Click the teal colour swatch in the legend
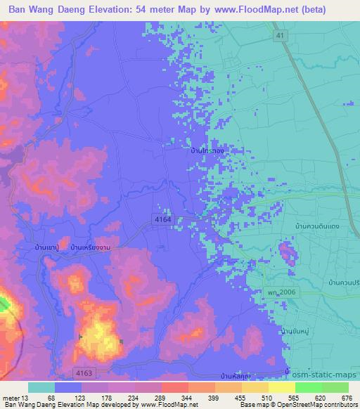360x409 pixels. click(41, 387)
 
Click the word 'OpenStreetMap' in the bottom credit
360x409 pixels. click(291, 405)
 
